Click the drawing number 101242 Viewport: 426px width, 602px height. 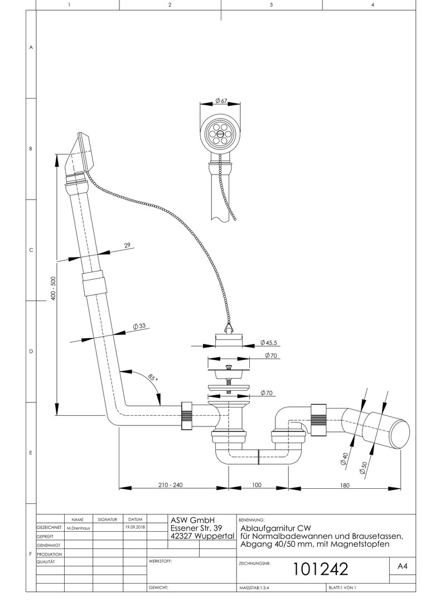(321, 569)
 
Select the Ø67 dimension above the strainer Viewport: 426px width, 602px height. (221, 101)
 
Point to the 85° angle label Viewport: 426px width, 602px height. (153, 378)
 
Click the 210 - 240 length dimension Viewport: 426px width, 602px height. (171, 485)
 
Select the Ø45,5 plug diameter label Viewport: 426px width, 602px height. (270, 343)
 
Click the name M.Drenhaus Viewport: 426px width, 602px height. (78, 527)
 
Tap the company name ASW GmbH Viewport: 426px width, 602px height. (193, 520)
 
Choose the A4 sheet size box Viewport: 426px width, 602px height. (401, 566)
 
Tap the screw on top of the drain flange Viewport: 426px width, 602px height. (228, 366)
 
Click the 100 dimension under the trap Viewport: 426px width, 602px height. (256, 485)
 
